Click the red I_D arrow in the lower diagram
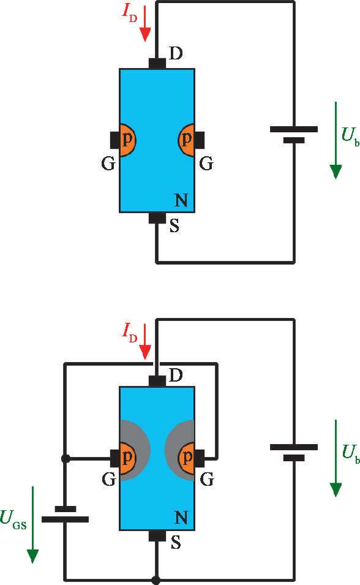tap(144, 341)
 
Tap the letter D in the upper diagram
tap(176, 53)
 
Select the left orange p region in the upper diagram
tap(127, 140)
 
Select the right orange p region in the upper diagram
tap(186, 140)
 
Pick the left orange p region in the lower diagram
tap(127, 458)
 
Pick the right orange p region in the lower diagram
tap(186, 458)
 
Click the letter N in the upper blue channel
tap(181, 200)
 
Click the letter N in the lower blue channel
tap(181, 517)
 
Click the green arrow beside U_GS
tap(33, 524)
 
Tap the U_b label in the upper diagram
tap(350, 136)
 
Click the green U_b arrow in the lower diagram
tap(336, 458)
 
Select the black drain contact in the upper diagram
tap(157, 64)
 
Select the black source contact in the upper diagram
tap(157, 217)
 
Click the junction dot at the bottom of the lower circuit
tap(156, 580)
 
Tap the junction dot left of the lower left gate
tap(66, 459)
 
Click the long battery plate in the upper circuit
tap(294, 129)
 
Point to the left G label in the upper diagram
tap(108, 164)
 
